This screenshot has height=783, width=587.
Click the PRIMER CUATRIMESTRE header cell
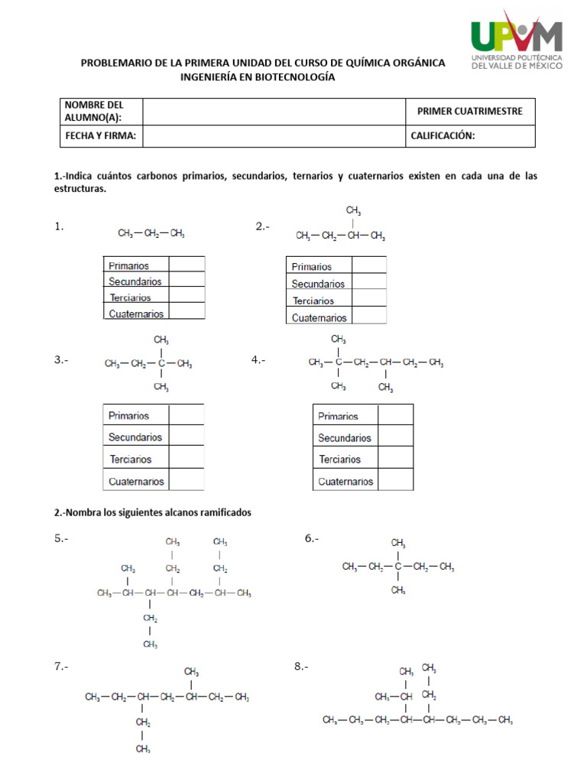tap(470, 112)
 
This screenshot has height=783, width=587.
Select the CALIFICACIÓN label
tap(443, 136)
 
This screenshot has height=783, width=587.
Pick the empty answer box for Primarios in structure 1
tap(186, 265)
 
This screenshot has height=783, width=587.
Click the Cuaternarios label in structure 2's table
tap(319, 317)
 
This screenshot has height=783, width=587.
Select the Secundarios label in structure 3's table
tap(135, 437)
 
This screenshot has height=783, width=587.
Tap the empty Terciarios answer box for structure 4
tap(395, 460)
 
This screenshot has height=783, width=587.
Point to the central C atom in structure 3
tap(161, 363)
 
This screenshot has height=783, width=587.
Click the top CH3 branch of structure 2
tap(353, 210)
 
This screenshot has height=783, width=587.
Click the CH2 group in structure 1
tap(151, 234)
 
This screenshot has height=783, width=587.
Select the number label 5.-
tap(62, 539)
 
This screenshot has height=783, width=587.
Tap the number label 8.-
tap(301, 668)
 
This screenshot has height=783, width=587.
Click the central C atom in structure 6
tap(398, 567)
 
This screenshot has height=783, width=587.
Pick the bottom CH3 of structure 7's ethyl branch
tap(143, 749)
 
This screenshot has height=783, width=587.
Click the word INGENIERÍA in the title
tap(211, 77)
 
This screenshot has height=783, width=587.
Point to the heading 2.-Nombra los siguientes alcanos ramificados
tap(153, 512)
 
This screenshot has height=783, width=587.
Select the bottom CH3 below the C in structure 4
tap(338, 386)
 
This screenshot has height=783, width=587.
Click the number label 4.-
tap(258, 360)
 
